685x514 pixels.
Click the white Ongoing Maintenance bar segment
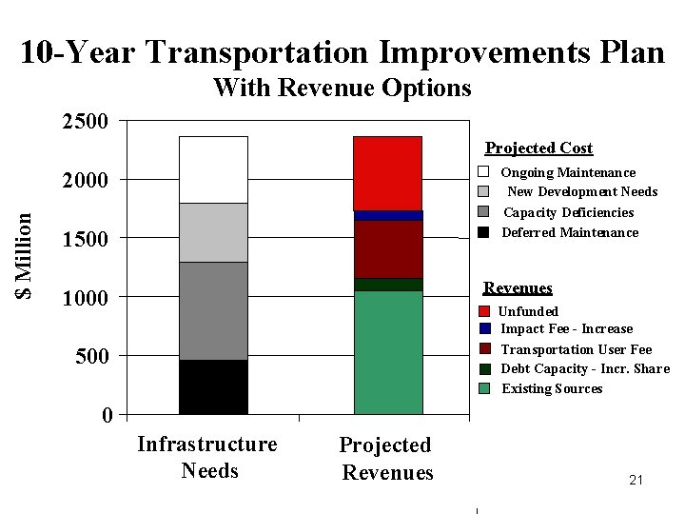pos(213,169)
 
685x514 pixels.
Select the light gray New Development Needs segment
pos(213,232)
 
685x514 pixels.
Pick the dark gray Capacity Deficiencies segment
pos(213,310)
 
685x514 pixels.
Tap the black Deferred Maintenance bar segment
pos(213,386)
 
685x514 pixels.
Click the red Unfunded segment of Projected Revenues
pos(387,173)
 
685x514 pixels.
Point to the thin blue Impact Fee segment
pos(387,215)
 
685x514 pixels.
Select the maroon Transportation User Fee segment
pos(387,249)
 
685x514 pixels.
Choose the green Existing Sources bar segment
pos(387,352)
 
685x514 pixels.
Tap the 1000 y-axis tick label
pos(86,298)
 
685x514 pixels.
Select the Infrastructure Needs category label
pos(207,457)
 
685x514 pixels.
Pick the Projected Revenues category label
pos(386,459)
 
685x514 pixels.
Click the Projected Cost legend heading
pos(538,148)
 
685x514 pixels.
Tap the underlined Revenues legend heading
pos(518,287)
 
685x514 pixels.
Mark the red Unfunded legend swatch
pos(484,311)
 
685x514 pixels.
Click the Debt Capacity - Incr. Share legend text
pos(585,368)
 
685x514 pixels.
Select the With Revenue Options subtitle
pos(342,89)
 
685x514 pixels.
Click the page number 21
pos(636,481)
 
